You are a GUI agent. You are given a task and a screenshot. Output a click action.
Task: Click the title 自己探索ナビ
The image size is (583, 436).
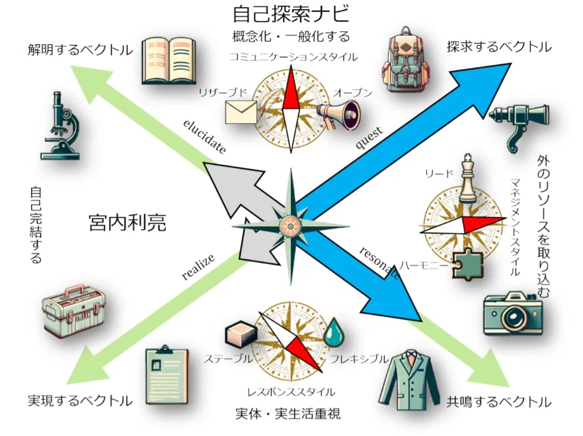coord(291,14)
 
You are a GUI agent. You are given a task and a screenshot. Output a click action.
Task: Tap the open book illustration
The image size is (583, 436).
coord(169,61)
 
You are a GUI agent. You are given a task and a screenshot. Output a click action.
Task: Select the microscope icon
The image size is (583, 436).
coord(61,126)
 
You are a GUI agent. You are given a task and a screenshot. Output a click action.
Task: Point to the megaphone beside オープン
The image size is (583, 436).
coord(339,113)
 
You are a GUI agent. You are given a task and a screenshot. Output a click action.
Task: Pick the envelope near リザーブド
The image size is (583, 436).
coord(241,112)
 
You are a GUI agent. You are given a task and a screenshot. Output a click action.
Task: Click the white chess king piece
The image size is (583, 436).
coord(468,179)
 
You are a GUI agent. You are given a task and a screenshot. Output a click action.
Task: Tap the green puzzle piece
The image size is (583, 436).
coord(468,264)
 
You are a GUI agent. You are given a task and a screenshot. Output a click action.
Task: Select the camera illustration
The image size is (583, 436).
coord(513,313)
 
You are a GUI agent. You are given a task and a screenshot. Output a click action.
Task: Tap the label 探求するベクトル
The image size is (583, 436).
coord(499,48)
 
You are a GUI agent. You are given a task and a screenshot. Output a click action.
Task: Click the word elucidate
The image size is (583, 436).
coord(204,136)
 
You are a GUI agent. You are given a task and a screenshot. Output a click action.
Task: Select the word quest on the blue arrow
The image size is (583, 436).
coord(369,138)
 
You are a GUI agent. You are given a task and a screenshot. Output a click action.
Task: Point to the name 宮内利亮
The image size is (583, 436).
coord(128,223)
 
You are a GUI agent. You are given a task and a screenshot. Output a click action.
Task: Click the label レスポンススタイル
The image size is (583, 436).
coord(291,392)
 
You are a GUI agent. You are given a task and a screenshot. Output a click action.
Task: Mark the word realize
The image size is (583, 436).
coord(198,267)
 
